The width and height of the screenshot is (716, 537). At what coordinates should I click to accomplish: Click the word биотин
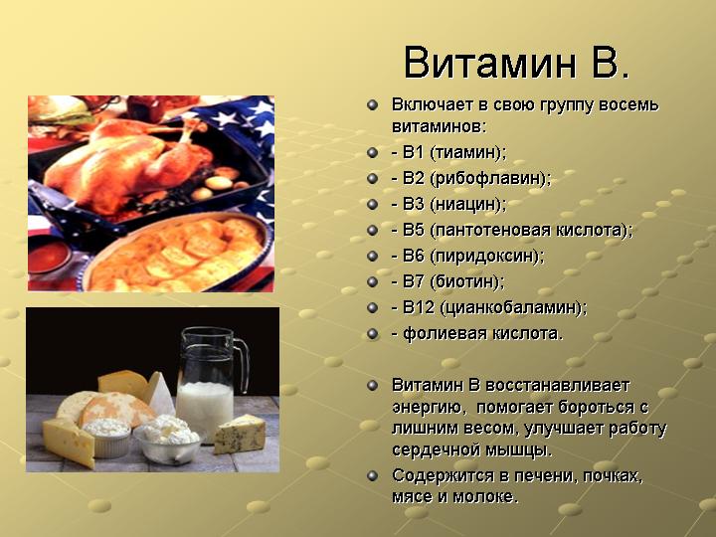[466, 281]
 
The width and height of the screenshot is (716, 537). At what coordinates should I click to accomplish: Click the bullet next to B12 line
[373, 307]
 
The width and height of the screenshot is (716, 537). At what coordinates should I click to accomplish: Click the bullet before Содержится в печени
[373, 475]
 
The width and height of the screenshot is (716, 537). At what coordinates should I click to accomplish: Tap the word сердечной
[434, 449]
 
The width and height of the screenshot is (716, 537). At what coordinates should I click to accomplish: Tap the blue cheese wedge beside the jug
[240, 434]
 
